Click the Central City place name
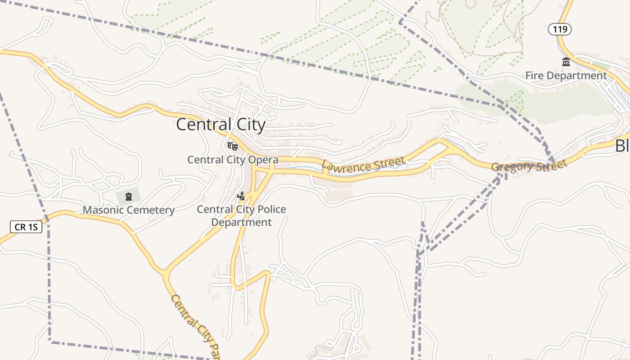click(220, 125)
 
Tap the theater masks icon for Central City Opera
click(232, 146)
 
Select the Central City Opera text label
click(233, 160)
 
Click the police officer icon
click(241, 196)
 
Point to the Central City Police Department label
click(242, 216)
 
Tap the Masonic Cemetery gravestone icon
click(129, 196)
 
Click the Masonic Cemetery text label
click(129, 210)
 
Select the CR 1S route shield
click(26, 227)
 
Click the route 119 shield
click(560, 30)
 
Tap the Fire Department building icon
click(566, 62)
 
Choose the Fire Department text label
click(566, 76)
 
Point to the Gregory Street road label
click(529, 166)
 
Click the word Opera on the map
click(264, 160)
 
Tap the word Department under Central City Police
click(242, 222)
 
